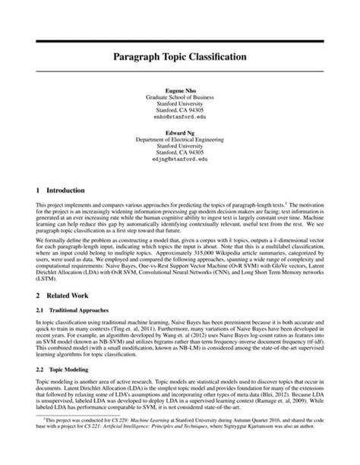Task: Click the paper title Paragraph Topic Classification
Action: (179, 56)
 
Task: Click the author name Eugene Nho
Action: (179, 90)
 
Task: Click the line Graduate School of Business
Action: (179, 97)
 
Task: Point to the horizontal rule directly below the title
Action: (179, 71)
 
